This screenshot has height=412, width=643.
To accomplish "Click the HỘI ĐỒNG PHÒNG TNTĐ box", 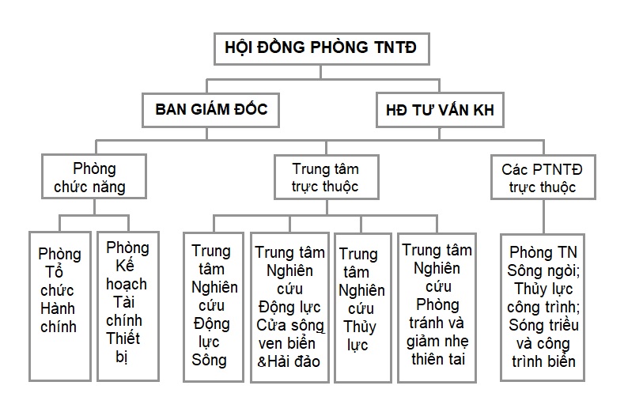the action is click(x=321, y=49).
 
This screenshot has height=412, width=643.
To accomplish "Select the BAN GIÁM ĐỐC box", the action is click(x=211, y=110).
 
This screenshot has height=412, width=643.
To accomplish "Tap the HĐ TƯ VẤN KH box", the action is click(x=440, y=110).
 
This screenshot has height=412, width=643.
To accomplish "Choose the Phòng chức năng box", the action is click(x=94, y=176).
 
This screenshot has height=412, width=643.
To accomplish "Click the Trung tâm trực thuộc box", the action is click(x=327, y=177).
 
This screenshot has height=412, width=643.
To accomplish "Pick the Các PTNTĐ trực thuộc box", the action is click(x=543, y=177).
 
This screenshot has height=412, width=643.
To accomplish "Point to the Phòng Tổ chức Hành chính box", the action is click(x=60, y=306).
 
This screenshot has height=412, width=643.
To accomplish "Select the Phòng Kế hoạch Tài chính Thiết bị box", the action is click(x=128, y=306).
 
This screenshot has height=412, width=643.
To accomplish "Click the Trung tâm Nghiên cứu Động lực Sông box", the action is click(x=214, y=308).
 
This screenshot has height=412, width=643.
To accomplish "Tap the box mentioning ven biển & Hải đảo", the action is click(x=290, y=308).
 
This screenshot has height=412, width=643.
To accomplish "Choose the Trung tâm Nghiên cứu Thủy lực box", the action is click(x=362, y=308).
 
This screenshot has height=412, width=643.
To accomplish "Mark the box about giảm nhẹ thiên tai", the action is click(x=437, y=308).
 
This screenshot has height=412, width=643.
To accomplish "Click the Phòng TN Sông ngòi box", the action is click(x=543, y=308).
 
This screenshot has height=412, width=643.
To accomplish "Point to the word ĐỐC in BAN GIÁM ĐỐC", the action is click(x=251, y=109).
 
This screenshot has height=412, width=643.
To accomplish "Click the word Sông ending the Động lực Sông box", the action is click(x=209, y=360).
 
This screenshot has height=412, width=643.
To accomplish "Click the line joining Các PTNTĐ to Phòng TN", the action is click(x=543, y=217).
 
